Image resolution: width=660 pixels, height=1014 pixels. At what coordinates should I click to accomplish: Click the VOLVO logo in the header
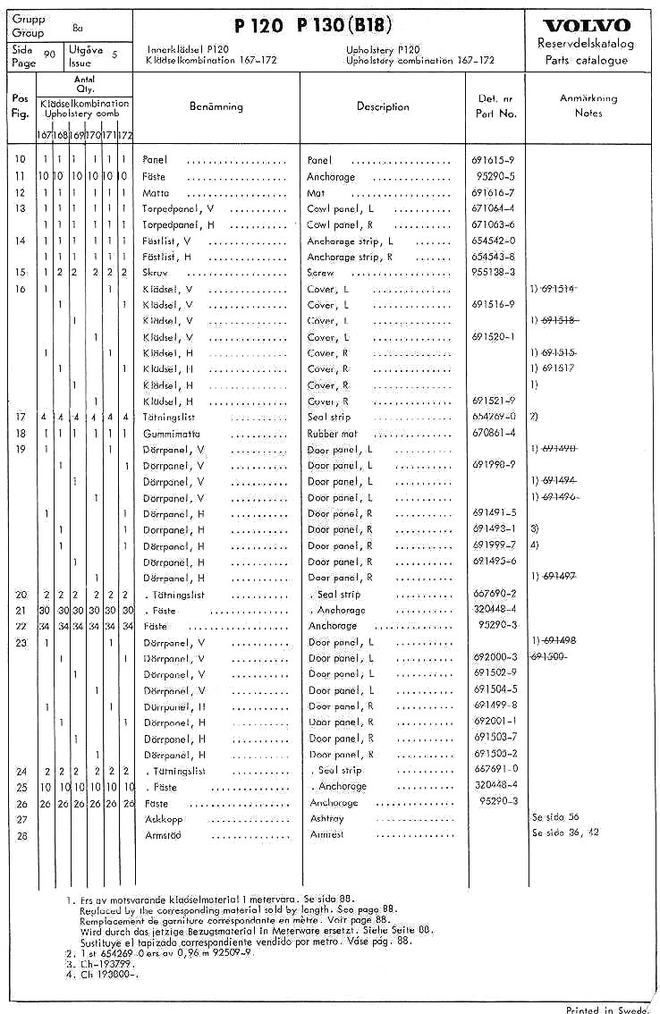[586, 25]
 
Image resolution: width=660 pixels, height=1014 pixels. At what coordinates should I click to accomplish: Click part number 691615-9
[493, 160]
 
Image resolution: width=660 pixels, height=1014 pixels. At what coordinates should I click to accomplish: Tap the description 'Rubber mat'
[334, 434]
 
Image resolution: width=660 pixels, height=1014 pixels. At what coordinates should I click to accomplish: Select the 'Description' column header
[382, 106]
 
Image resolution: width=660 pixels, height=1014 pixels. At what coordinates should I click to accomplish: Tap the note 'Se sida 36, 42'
[565, 832]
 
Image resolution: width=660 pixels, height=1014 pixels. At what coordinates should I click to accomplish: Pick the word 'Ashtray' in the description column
[326, 818]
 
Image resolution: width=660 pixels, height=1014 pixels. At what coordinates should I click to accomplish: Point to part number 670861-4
[493, 434]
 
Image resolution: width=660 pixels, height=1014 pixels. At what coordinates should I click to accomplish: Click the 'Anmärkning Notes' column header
[588, 106]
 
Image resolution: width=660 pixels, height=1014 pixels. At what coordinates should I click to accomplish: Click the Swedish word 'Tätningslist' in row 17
[171, 418]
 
